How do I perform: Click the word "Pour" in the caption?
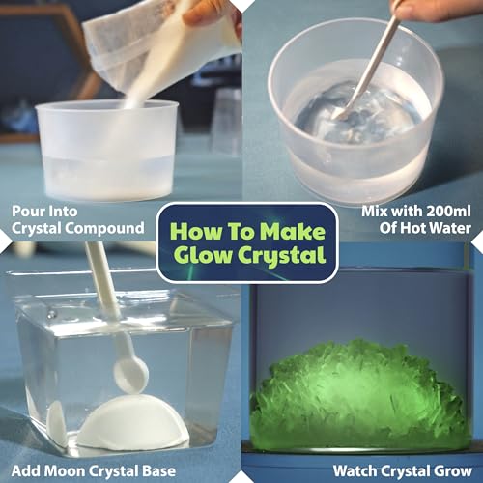point(29,209)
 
